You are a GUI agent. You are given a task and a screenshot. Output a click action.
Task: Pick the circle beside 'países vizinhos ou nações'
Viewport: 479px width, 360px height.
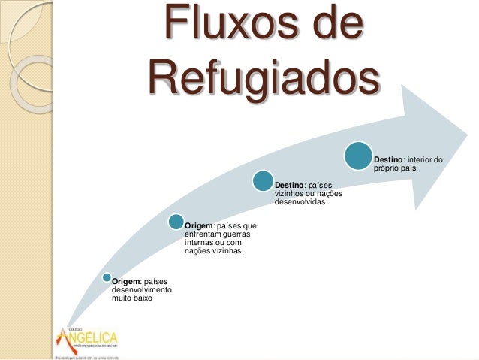(x=262, y=181)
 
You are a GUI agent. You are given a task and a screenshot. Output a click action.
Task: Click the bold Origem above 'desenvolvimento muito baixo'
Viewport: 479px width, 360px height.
(x=126, y=282)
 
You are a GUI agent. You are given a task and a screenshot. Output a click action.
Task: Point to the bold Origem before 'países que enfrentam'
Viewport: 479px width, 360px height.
(x=199, y=225)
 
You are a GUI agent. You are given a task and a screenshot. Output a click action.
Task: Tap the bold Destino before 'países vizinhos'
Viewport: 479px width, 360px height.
(x=290, y=185)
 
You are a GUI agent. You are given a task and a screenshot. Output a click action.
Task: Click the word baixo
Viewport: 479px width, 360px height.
(x=142, y=298)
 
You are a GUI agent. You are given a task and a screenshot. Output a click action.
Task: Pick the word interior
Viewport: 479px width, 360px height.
(x=420, y=159)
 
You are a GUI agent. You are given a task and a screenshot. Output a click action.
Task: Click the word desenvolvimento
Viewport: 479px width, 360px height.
(x=141, y=290)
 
